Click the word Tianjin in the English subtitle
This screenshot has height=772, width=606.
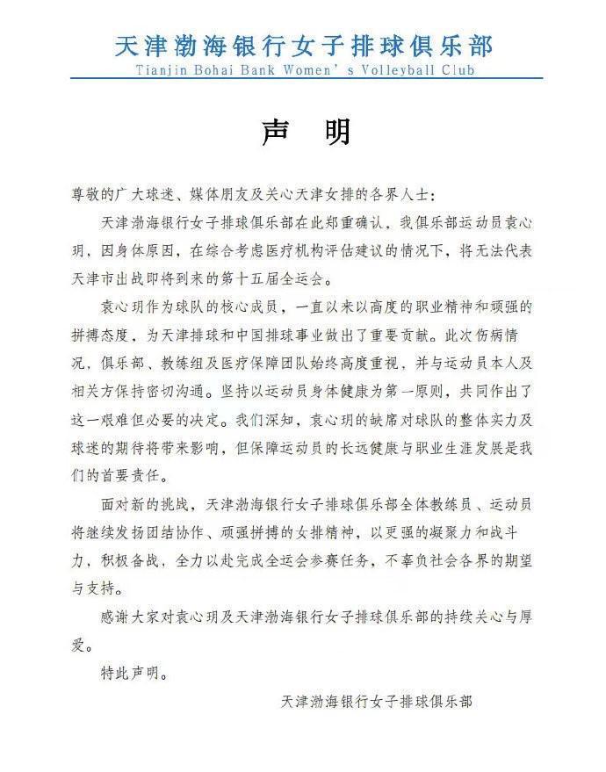click(x=163, y=69)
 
